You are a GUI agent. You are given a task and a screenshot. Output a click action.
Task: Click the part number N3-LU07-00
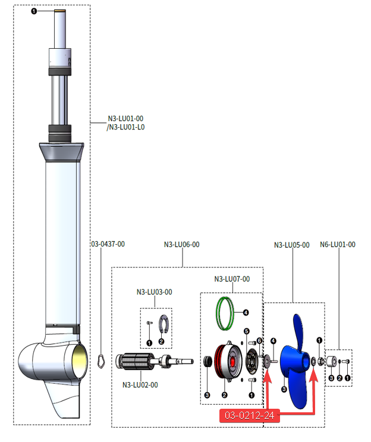click(x=232, y=279)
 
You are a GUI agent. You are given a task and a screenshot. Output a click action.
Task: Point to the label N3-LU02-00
click(x=140, y=384)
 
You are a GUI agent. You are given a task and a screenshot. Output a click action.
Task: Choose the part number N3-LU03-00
click(x=155, y=292)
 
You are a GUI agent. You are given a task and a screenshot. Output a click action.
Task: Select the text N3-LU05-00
click(x=291, y=245)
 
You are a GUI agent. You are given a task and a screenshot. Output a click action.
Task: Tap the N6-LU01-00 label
click(x=338, y=245)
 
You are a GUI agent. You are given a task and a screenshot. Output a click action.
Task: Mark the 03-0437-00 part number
click(x=108, y=244)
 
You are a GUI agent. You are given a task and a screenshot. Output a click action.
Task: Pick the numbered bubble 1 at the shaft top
click(x=34, y=11)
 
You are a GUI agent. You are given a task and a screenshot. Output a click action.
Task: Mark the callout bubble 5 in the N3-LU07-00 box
click(x=246, y=330)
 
